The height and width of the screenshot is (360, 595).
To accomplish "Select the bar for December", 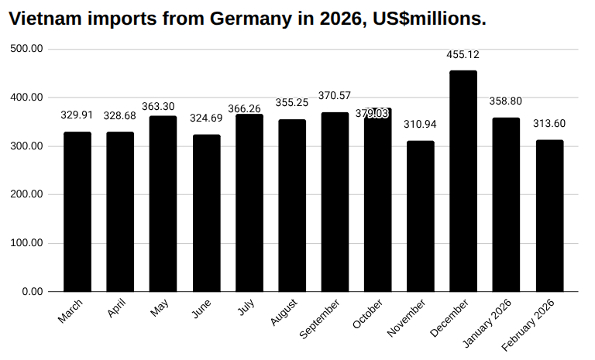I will (463, 181).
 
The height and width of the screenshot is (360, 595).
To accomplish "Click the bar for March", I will (77, 211).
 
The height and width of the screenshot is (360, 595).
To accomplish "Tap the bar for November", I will (421, 216).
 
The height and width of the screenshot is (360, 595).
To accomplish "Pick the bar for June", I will (206, 213).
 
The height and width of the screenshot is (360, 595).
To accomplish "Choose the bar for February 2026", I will (549, 215).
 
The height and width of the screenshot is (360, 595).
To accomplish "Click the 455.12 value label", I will (463, 54).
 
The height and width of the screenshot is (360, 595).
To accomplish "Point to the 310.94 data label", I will (421, 125).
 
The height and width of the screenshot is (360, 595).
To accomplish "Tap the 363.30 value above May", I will (163, 106).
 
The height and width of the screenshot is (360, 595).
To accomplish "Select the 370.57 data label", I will (335, 96).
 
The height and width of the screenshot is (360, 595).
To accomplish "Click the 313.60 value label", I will (549, 124).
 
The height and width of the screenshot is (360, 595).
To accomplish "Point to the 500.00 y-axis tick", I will (27, 49).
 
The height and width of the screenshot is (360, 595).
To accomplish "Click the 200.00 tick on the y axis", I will (27, 194).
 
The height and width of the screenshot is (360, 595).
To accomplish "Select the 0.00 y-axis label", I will (33, 292).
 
